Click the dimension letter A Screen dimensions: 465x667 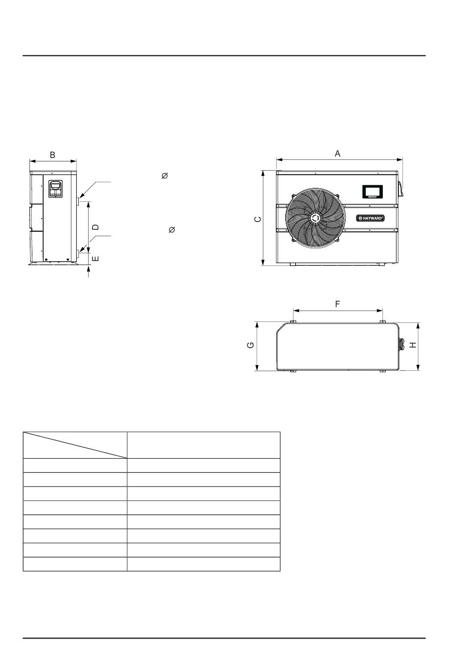click(337, 154)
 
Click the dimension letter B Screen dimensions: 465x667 click(52, 155)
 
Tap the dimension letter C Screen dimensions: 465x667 click(258, 220)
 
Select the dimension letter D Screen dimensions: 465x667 click(95, 227)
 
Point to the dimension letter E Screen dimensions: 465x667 click(95, 258)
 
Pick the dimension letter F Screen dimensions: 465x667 click(337, 304)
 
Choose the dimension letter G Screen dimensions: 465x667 click(251, 345)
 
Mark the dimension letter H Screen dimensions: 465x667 click(413, 345)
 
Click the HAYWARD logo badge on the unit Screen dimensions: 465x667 click(371, 218)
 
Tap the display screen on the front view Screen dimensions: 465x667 click(372, 192)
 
